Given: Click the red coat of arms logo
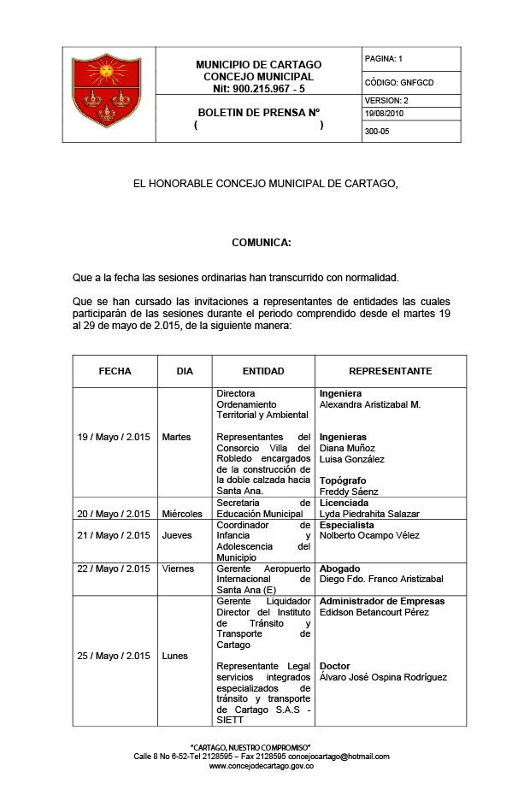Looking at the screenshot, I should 107,92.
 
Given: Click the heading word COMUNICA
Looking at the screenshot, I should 262,243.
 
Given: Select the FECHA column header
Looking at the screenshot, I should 115,371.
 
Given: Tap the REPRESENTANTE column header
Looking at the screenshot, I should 391,371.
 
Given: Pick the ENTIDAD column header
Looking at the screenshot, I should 263,371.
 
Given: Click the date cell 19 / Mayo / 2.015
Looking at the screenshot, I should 114,437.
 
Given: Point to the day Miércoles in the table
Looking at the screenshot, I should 182,514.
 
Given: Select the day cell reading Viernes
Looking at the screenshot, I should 178,568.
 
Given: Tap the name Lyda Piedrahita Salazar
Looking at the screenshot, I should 369,514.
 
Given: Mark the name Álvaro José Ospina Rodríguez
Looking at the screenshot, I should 383,678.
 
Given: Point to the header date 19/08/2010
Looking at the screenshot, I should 383,113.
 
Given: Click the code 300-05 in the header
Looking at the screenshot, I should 377,132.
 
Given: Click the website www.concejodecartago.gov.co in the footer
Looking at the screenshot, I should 262,766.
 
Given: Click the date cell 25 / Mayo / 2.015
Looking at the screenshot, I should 114,656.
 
